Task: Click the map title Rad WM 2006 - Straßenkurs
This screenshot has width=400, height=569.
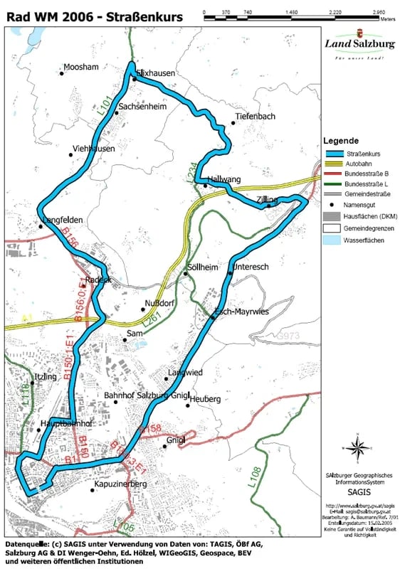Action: coord(93,16)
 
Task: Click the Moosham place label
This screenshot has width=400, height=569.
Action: coord(80,68)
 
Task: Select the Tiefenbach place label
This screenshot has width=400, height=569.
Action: coord(254,116)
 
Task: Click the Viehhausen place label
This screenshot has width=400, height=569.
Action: coord(93,149)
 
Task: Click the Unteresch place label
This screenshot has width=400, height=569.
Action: coord(251,267)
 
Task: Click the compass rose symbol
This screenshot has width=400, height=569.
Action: coord(359,447)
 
